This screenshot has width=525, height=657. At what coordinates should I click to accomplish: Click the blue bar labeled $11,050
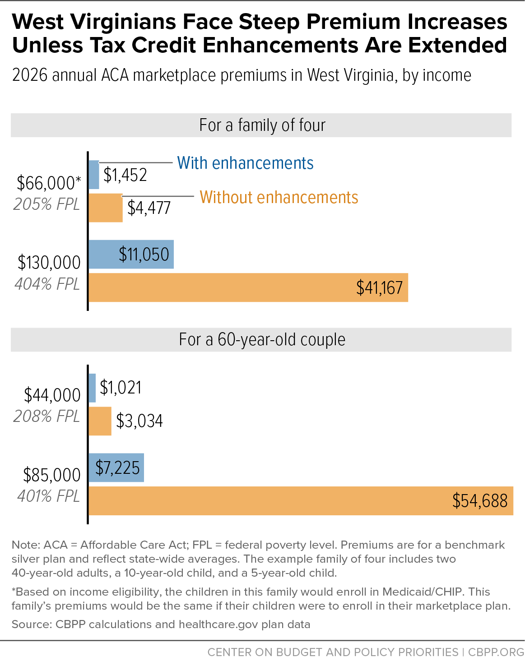click(x=131, y=254)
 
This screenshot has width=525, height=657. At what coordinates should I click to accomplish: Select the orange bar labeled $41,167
click(x=248, y=287)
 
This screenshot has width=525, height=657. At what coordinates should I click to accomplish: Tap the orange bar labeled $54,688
click(x=301, y=501)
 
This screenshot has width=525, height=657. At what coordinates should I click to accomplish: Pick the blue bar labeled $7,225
click(x=116, y=467)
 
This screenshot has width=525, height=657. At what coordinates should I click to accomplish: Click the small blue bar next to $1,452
click(x=94, y=175)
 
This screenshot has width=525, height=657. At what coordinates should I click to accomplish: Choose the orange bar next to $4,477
click(x=106, y=208)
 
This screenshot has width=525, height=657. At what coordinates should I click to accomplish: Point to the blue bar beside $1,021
click(x=92, y=388)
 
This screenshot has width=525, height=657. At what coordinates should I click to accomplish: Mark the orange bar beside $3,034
click(x=100, y=421)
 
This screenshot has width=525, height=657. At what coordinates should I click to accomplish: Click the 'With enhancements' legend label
click(x=245, y=163)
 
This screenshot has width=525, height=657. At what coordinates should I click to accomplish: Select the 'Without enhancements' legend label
click(x=279, y=197)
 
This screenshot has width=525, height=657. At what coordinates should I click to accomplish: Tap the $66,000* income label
click(x=49, y=183)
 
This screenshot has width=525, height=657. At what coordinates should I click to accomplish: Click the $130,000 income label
click(x=49, y=262)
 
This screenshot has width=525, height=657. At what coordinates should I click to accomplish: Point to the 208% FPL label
click(x=46, y=416)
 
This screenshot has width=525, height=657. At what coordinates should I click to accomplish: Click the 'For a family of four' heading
click(x=262, y=125)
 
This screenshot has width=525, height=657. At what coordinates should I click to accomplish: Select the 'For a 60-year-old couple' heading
click(x=262, y=339)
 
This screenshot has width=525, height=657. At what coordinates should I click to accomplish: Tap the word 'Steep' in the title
click(x=269, y=22)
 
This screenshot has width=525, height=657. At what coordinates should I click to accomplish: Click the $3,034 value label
click(x=139, y=421)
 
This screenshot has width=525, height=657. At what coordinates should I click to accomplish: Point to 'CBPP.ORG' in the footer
click(x=496, y=652)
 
